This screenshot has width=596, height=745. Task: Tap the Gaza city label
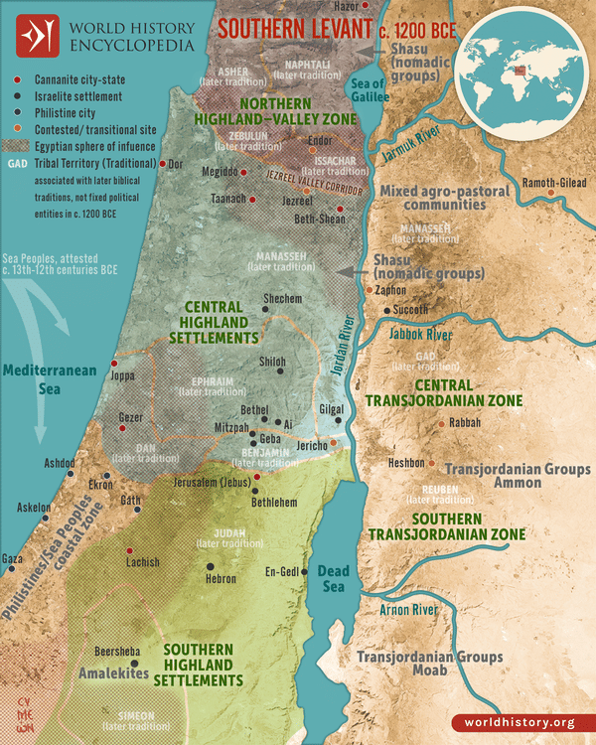pos(12,558)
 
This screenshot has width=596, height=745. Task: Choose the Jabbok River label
pos(420,335)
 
